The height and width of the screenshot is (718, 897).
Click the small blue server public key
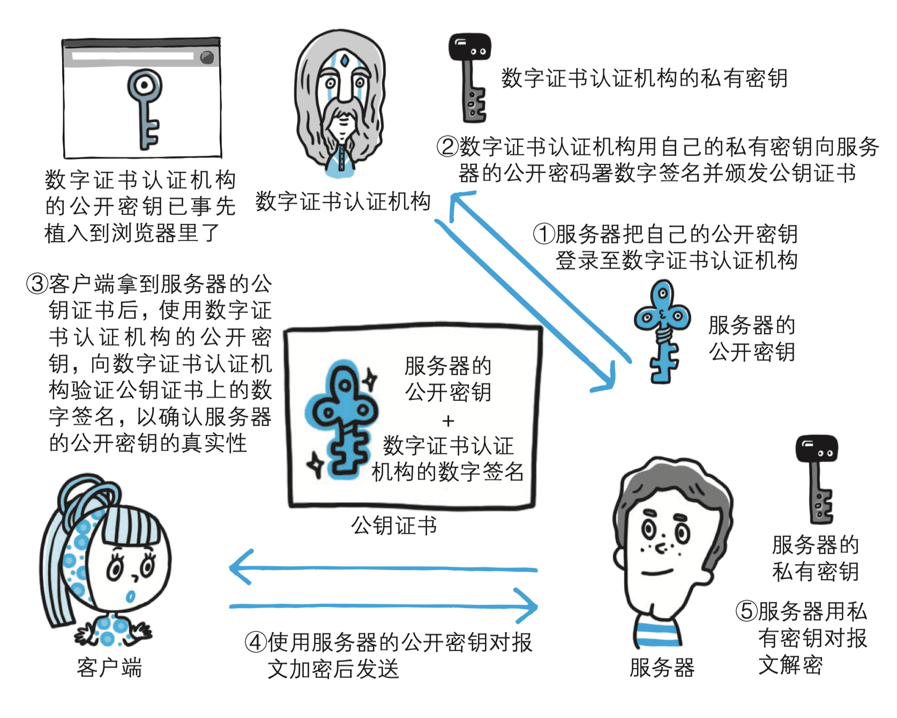662,330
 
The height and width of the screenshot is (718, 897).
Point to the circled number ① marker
543,234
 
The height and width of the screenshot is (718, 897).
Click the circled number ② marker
447,146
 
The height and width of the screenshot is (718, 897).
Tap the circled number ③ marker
37,284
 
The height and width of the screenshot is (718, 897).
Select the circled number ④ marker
256,642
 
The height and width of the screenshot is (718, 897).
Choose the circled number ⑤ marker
746,611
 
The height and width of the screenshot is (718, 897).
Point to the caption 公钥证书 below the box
394,526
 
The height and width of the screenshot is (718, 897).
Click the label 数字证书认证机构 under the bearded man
343,201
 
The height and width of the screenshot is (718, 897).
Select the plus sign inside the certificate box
448,421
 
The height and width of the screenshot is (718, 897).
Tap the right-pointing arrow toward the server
384,607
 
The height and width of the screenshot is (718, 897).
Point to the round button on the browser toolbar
207,57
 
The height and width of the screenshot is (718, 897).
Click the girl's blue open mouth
131,596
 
